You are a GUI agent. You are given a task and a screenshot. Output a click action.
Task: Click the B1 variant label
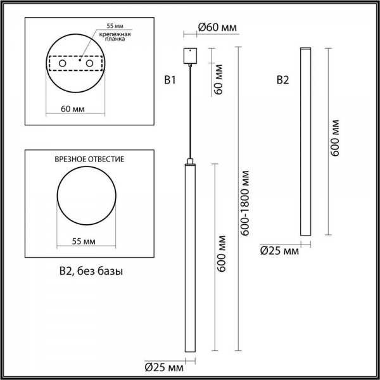coord(169,80)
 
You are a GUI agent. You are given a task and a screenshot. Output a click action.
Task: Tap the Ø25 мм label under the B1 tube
coord(164,367)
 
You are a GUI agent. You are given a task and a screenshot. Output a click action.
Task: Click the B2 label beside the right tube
coord(283,80)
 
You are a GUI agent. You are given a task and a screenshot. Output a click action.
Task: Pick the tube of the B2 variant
coord(306,142)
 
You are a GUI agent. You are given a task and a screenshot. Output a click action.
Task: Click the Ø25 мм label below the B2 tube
coord(279,251)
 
